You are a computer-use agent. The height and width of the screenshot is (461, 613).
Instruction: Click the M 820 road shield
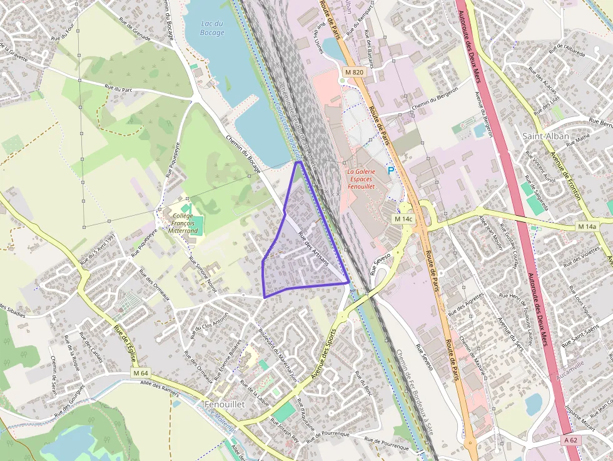click(354, 73)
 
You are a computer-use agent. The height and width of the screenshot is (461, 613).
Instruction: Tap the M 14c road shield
click(403, 220)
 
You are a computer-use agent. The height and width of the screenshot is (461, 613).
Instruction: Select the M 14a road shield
click(587, 226)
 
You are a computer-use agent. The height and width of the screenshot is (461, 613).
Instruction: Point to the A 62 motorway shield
click(571, 440)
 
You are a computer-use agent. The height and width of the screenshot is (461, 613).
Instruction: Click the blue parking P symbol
click(392, 170)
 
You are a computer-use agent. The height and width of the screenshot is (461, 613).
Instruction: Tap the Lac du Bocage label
click(212, 28)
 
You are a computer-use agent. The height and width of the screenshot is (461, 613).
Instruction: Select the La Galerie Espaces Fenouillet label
click(361, 179)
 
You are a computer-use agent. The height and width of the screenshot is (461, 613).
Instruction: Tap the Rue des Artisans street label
click(313, 250)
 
